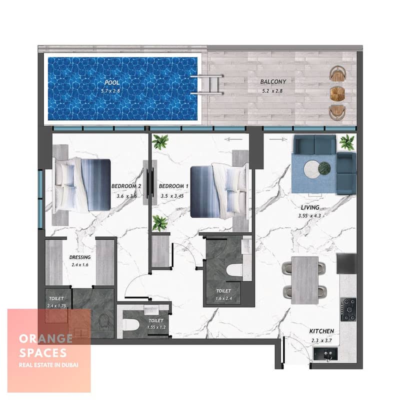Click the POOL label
click(112, 82)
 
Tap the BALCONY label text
click(273, 81)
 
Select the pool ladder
click(207, 84)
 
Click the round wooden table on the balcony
click(337, 93)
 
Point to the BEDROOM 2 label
click(126, 186)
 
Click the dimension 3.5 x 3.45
click(172, 196)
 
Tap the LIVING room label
click(310, 207)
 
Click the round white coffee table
click(311, 169)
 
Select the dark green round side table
click(324, 168)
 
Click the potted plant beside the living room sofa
click(346, 142)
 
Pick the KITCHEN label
click(321, 331)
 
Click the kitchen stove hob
click(348, 309)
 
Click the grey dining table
click(304, 280)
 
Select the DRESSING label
click(80, 257)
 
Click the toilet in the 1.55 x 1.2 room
click(131, 324)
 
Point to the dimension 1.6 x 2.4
click(223, 298)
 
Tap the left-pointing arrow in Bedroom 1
click(233, 139)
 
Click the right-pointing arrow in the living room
click(278, 139)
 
